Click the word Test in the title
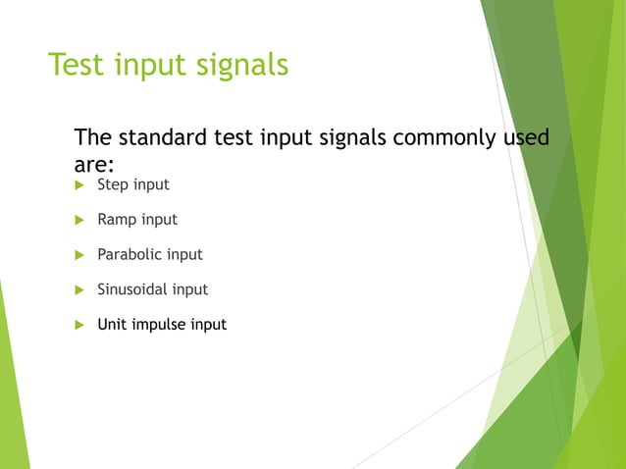coord(78,65)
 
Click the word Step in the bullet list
coord(113,184)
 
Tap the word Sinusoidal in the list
coord(132,289)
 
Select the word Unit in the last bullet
coord(111,324)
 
